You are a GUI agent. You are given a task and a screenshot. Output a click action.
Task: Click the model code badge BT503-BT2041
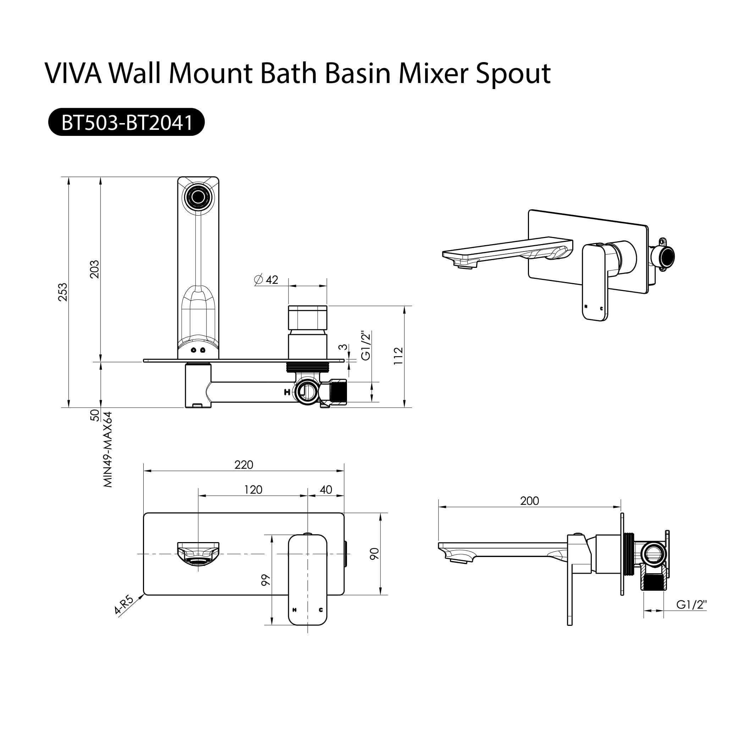click(126, 122)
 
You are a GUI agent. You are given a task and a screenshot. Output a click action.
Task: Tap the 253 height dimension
click(63, 292)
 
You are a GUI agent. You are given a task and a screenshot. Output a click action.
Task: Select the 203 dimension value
click(94, 269)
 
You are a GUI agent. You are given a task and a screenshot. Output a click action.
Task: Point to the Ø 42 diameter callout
click(266, 280)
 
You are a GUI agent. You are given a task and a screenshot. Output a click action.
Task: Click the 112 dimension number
click(398, 356)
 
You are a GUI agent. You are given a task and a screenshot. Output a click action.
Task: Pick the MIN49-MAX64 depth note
click(108, 450)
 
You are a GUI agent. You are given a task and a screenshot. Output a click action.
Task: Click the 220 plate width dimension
click(244, 465)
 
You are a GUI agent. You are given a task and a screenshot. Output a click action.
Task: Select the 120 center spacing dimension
click(253, 490)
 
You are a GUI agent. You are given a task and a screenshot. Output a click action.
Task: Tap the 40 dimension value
click(326, 490)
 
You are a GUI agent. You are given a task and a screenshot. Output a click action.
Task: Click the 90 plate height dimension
click(375, 553)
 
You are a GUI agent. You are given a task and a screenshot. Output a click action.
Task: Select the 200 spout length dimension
click(529, 501)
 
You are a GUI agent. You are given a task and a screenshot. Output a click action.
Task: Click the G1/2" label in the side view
click(691, 604)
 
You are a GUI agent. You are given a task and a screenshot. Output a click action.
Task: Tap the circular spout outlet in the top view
click(198, 197)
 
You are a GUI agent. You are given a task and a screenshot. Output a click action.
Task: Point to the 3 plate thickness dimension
click(344, 347)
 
